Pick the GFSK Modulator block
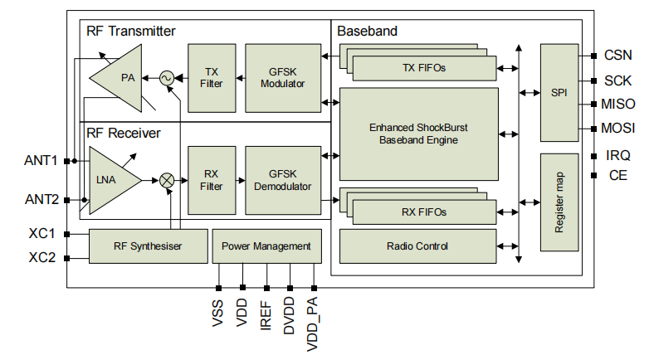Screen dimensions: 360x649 point(282,78)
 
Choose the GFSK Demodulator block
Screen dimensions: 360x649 point(282,180)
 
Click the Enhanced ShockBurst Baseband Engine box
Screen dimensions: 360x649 point(418,134)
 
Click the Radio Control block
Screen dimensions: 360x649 point(418,246)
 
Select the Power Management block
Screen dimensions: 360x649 point(266,246)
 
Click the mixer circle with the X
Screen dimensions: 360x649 point(167,180)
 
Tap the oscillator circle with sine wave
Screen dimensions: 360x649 point(166,78)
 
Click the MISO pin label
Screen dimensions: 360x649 point(618,105)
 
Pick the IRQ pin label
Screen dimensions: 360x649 point(617,155)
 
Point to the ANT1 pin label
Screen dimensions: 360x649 point(41,160)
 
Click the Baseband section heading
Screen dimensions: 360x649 point(367,32)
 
